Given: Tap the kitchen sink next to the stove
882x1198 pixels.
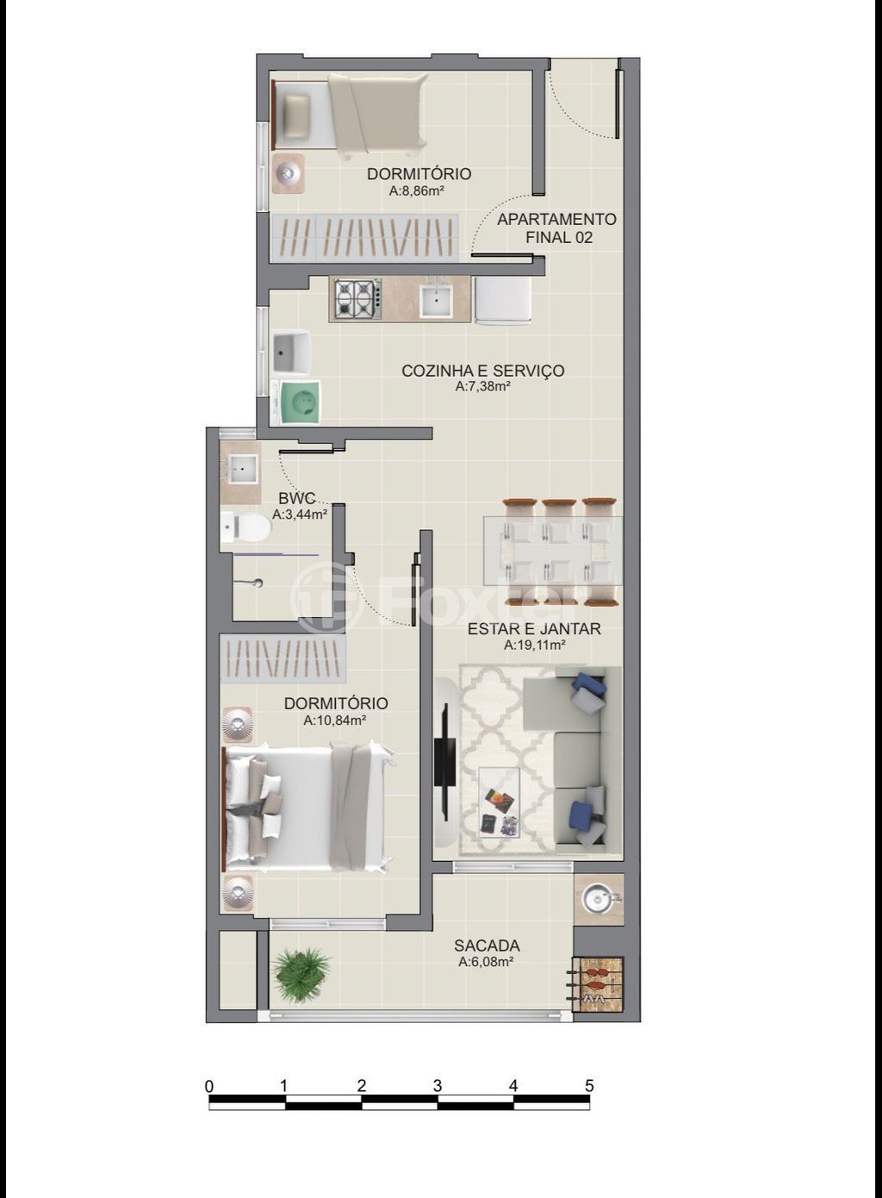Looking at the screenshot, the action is tap(436, 301).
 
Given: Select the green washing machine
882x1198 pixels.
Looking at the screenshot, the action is tap(296, 402).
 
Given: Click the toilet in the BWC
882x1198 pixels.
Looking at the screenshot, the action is tap(245, 527).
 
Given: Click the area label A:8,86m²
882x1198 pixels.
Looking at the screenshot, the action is tap(418, 190).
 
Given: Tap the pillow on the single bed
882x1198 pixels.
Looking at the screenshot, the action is tap(293, 118).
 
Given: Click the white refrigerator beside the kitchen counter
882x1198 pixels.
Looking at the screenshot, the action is tap(503, 300).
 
